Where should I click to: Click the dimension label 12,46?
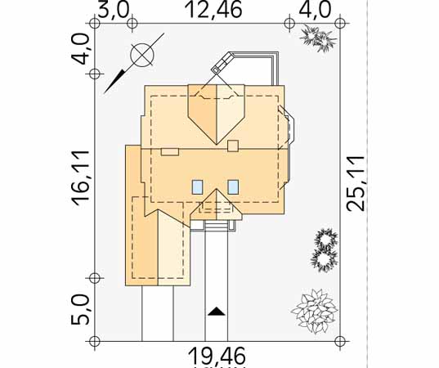[213, 10]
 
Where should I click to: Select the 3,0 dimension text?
[114, 10]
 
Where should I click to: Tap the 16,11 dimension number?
[80, 178]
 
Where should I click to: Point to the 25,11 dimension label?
[356, 183]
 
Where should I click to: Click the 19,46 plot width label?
[217, 357]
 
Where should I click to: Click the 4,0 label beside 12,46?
[316, 10]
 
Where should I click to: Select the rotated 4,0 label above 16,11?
[80, 48]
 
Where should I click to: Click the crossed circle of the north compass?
[142, 55]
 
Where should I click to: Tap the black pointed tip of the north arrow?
[105, 92]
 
